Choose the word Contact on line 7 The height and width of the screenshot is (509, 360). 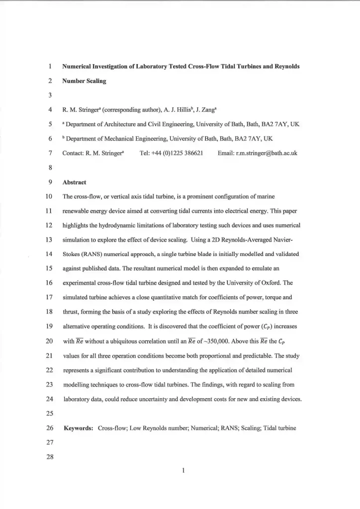tap(74, 154)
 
